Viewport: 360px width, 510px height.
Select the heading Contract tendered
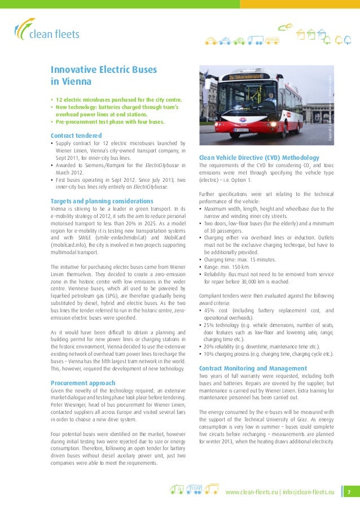click(76, 136)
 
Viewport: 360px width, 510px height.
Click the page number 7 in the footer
click(349, 492)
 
